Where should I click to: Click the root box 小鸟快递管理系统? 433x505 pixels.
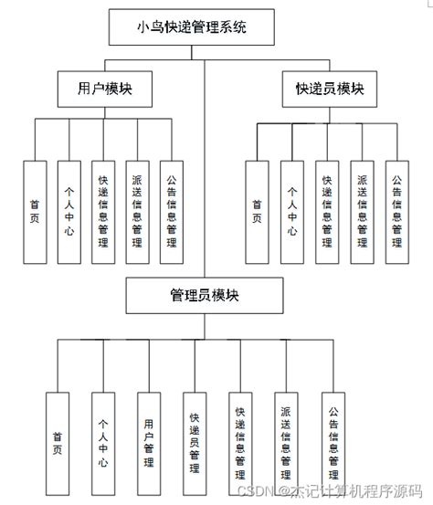pos(191,27)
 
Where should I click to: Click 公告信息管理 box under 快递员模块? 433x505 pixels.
pos(396,206)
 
